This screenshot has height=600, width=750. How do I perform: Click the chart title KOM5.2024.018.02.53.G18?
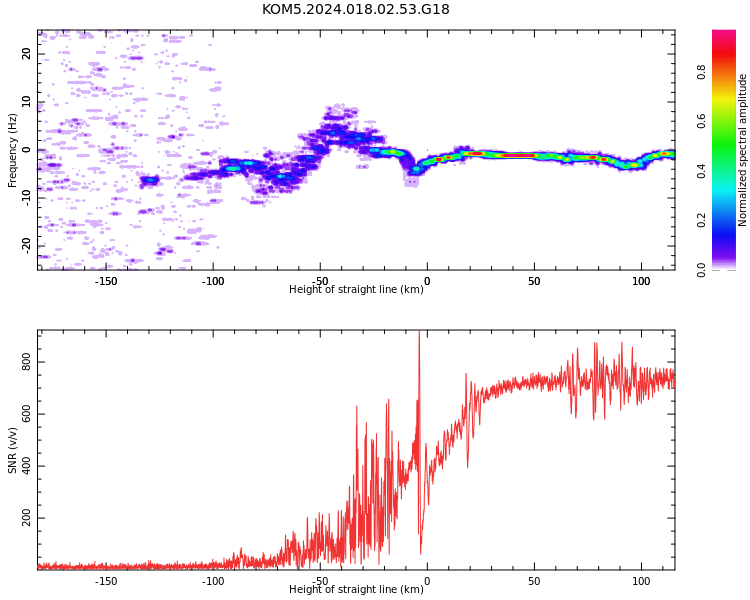tap(355, 10)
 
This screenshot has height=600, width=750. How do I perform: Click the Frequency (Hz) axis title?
tap(12, 150)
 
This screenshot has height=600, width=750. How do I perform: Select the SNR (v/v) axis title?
tap(12, 450)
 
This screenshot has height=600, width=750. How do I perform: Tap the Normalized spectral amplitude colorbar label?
tap(742, 150)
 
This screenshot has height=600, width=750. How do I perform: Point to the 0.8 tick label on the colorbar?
tap(701, 72)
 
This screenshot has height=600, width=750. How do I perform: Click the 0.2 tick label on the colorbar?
tap(701, 220)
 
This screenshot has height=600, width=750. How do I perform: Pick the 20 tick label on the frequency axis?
tap(26, 54)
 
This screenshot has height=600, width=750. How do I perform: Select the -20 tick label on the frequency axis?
tap(26, 246)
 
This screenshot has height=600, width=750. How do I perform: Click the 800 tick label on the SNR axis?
tap(26, 362)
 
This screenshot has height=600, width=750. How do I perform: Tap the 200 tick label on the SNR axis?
tap(26, 518)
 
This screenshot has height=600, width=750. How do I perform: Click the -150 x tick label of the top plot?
tap(106, 281)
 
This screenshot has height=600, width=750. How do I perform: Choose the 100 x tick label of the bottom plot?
tap(641, 581)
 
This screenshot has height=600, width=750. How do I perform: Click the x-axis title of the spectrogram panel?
tap(356, 289)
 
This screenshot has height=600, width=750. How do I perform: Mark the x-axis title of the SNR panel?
tap(356, 589)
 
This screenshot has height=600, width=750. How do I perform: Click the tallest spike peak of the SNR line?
tap(419, 331)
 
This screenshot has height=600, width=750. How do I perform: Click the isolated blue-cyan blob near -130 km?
tap(150, 180)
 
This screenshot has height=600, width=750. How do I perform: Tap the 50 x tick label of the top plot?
tap(534, 281)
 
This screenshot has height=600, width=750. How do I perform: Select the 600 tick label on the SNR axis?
tap(26, 414)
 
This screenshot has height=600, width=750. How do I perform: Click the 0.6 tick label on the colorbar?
tap(701, 121)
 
